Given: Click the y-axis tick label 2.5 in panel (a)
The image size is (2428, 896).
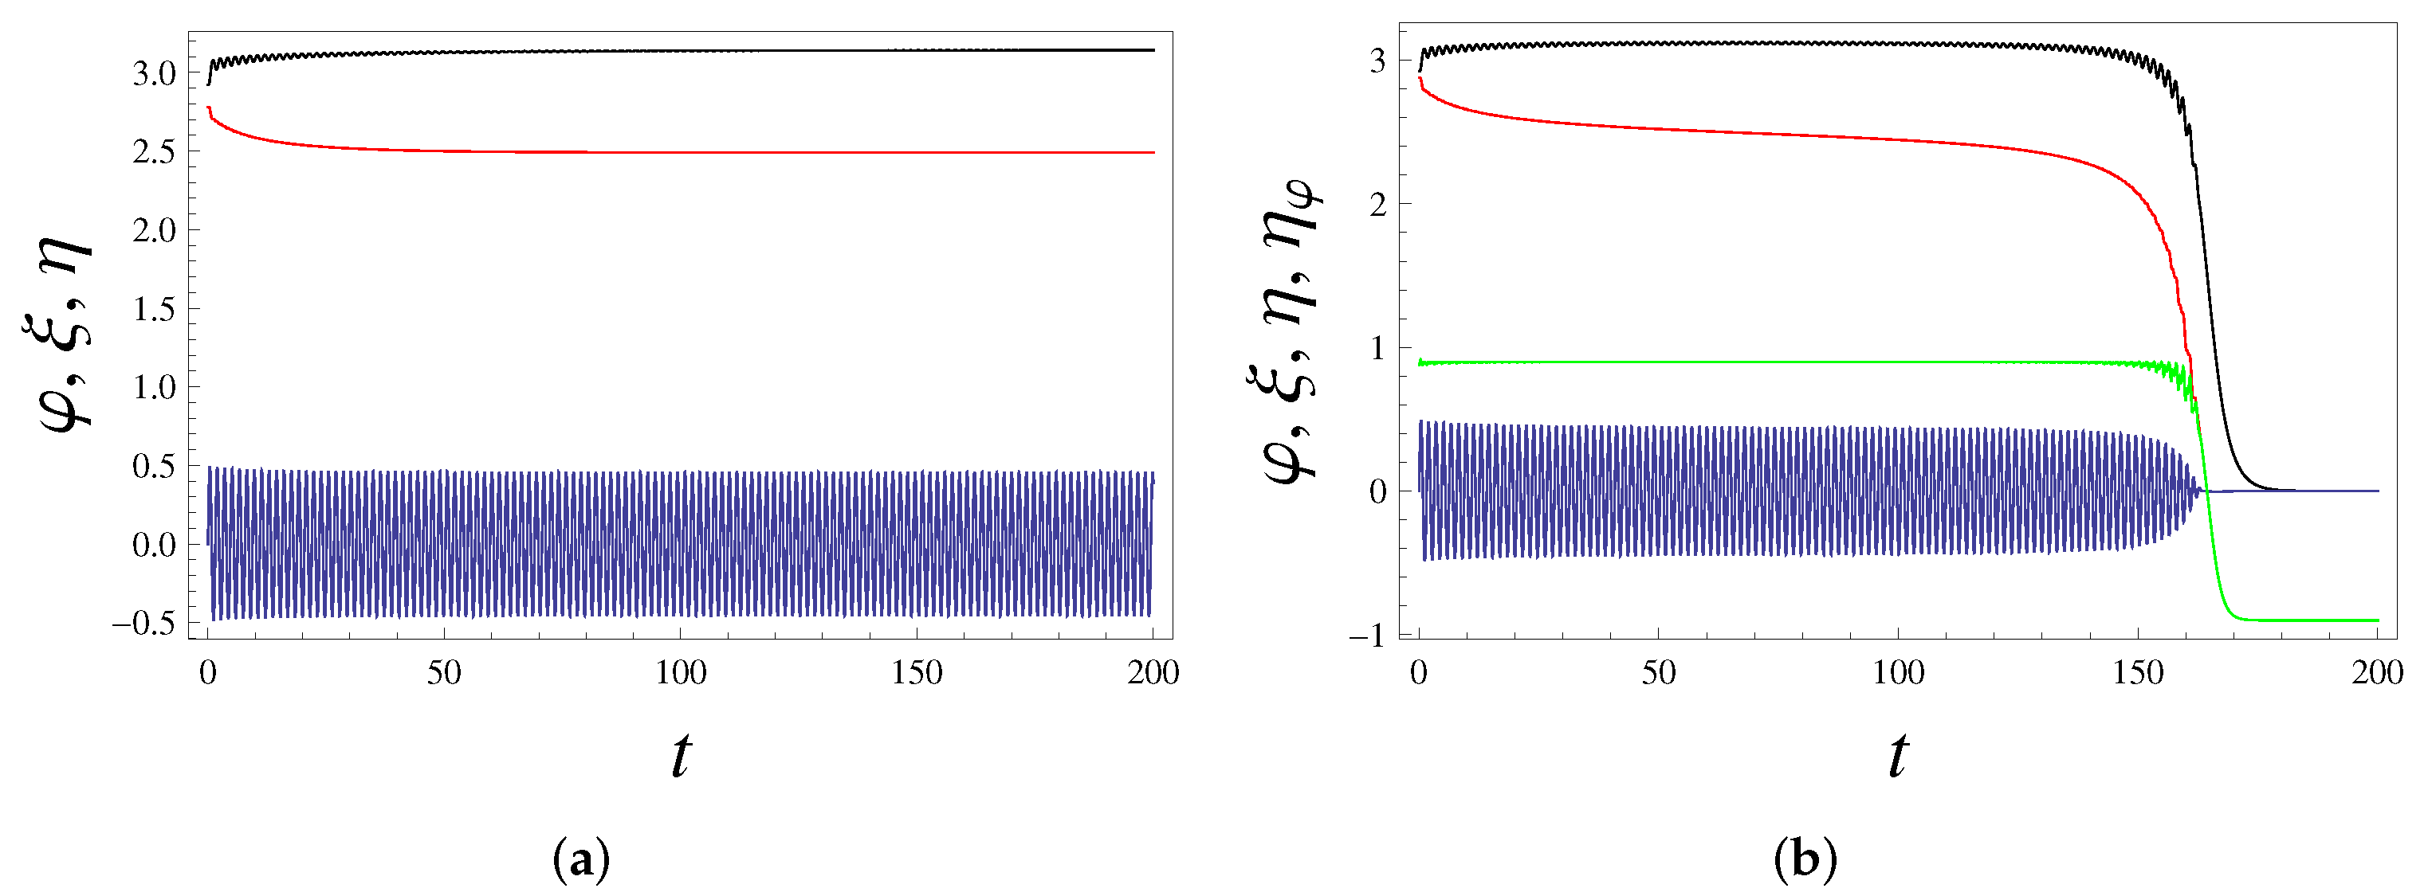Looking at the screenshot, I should tap(154, 151).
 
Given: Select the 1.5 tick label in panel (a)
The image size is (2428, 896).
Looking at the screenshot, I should tap(154, 309).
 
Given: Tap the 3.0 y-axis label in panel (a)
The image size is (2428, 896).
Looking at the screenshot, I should tap(154, 73).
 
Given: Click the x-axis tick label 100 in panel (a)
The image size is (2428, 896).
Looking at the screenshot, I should tap(681, 673).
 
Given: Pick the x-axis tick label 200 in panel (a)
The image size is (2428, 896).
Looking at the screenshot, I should tap(1153, 673).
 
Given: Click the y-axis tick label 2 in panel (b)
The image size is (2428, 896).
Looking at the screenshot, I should tap(1378, 205).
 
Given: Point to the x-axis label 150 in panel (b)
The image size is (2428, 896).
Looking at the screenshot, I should tap(2138, 673).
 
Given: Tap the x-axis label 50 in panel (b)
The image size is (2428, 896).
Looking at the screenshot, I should tap(1659, 673).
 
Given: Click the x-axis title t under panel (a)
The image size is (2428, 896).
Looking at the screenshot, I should tap(681, 757).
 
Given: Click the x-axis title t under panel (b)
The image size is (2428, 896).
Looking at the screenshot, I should tap(1898, 757).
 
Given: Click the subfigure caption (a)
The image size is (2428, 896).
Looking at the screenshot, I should tap(582, 860).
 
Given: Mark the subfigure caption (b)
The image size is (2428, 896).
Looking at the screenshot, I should tap(1804, 860).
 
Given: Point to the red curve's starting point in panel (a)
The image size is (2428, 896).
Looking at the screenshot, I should tap(208, 108).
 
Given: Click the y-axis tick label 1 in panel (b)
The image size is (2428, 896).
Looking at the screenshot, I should tap(1378, 349).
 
